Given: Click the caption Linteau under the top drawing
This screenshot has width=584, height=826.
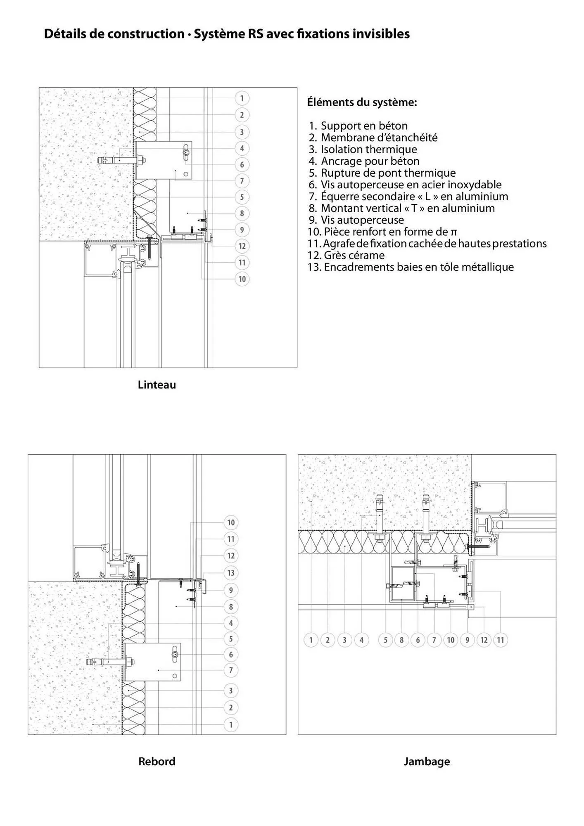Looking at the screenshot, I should coord(157,385).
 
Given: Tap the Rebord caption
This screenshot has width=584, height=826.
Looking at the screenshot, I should coord(157,761).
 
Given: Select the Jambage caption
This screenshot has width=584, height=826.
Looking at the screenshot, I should coord(427,761).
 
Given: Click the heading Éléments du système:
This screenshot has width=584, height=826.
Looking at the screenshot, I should coord(362,102).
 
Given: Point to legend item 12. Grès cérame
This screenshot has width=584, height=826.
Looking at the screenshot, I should coord(346,255).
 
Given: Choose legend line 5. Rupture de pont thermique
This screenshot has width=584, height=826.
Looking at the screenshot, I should coord(382,173).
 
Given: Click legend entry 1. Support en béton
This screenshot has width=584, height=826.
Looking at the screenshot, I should coord(358,126).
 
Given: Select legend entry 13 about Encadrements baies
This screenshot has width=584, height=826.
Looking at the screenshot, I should coord(411,267).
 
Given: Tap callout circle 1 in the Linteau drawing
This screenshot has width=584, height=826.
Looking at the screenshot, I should coord(242,98).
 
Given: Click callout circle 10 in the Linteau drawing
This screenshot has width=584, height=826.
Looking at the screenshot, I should coord(242,279).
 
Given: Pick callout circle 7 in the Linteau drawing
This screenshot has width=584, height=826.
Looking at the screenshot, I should coord(242,180).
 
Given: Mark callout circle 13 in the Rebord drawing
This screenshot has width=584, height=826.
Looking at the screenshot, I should coord(231,573).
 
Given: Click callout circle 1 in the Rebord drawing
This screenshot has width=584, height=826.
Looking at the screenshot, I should coord(231,724).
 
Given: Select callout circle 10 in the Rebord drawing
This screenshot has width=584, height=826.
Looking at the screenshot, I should coord(231,522).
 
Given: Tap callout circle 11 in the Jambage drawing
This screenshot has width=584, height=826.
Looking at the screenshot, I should coord(500,640).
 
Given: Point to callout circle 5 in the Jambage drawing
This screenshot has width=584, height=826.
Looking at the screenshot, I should coord(385,640).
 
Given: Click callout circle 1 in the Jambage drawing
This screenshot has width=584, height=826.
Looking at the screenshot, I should coord(311,640).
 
